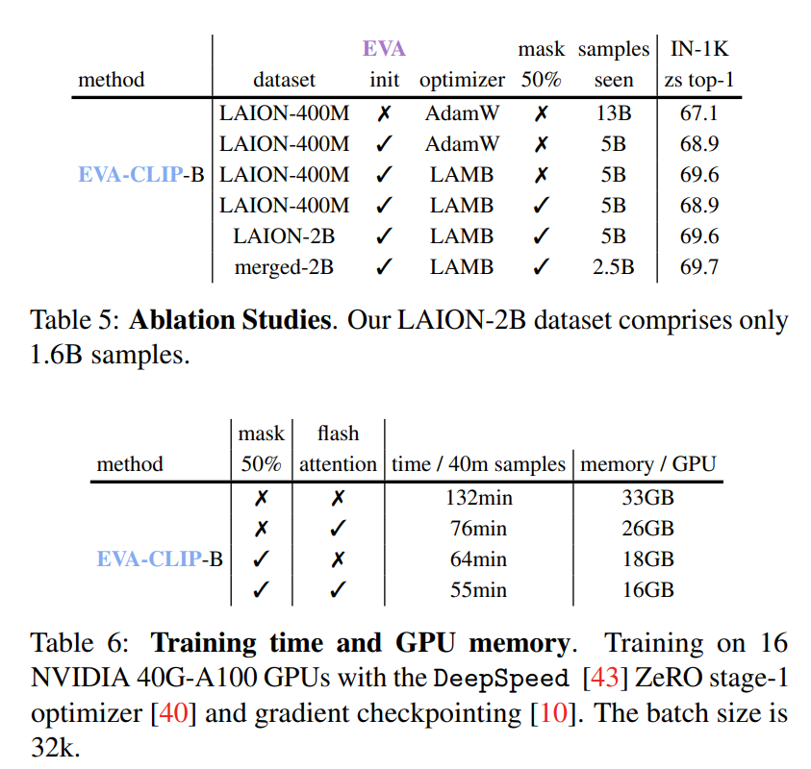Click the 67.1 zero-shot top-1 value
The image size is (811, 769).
tap(698, 113)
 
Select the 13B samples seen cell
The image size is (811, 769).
tap(613, 113)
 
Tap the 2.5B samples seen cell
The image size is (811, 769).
tap(613, 267)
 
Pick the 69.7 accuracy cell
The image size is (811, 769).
tap(698, 267)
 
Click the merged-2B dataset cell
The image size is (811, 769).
tap(284, 267)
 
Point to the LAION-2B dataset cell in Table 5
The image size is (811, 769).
tap(284, 236)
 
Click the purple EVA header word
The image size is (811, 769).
tap(384, 48)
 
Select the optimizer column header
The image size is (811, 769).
tap(462, 80)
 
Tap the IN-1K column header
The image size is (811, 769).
tap(698, 48)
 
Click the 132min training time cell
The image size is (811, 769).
tap(478, 498)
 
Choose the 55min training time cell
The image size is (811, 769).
tap(478, 590)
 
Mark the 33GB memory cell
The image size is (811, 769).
tap(647, 498)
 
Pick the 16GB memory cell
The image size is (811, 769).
tap(647, 590)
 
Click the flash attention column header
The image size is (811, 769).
tap(337, 450)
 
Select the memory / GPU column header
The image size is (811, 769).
tap(647, 464)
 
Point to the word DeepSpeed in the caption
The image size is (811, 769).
tap(501, 678)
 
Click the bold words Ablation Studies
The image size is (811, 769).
tap(230, 320)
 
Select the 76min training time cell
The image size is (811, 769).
tap(478, 529)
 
